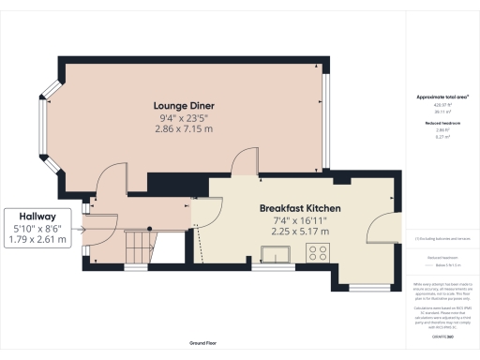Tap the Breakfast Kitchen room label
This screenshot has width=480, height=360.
pos(300,208)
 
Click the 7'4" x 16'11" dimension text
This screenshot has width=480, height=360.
pos(300,219)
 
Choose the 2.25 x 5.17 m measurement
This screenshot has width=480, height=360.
pos(300,230)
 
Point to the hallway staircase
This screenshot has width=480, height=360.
pos(138,247)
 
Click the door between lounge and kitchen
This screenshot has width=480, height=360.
pos(243,161)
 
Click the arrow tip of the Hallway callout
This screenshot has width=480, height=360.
pos(86,228)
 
